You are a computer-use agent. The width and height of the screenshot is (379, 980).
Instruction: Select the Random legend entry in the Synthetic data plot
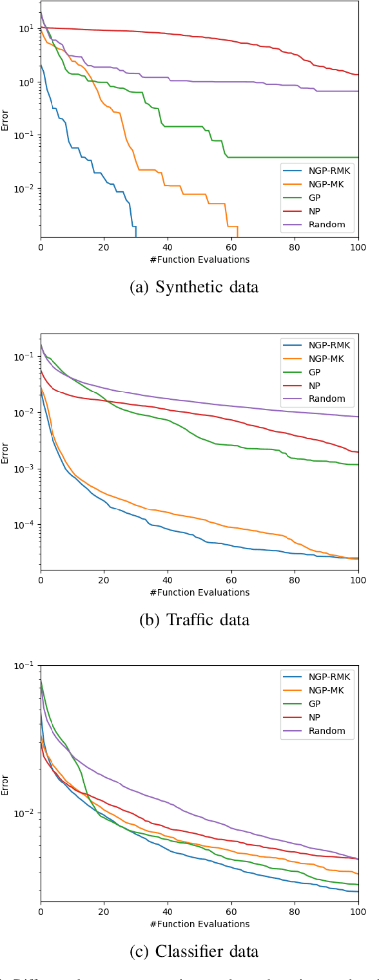(x=317, y=225)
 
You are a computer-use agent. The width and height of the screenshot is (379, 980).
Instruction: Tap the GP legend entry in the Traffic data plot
(x=317, y=372)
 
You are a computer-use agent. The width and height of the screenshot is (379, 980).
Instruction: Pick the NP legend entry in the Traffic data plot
(x=317, y=385)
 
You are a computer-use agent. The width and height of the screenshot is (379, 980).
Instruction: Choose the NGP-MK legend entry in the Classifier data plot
(x=317, y=690)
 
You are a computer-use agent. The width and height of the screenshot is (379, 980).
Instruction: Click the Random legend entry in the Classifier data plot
(x=317, y=731)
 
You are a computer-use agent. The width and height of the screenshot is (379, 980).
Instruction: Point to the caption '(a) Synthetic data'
(x=194, y=287)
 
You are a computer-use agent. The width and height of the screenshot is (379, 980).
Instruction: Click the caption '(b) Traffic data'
(x=194, y=619)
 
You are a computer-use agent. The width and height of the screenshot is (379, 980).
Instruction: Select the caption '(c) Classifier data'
(x=194, y=952)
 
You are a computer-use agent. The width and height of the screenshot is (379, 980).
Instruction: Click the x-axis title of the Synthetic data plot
(x=199, y=259)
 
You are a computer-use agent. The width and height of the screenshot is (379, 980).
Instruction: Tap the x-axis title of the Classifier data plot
(x=199, y=924)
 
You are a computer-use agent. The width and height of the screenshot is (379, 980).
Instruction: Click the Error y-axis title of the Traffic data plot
(x=6, y=452)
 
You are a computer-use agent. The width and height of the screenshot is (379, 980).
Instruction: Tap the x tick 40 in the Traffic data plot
(x=168, y=580)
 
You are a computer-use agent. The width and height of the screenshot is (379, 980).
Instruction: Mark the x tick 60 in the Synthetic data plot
(x=231, y=248)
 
